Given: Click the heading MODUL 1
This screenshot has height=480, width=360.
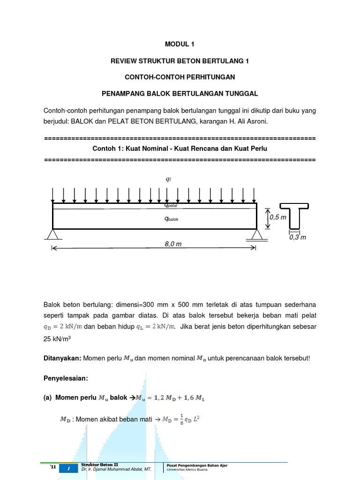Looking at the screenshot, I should click(180, 45).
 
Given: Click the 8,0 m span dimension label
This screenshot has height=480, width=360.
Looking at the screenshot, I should click(173, 244).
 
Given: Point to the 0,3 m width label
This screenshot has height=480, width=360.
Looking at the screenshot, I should click(297, 237).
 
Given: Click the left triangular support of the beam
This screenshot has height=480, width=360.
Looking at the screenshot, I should click(52, 234).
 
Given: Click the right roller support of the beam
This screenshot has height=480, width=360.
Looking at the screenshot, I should click(256, 235).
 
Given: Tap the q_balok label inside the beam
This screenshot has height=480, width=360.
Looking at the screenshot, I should click(171, 218).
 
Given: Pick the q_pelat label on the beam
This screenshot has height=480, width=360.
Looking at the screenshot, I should click(171, 205).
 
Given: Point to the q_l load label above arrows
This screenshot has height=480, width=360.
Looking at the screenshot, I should click(169, 179).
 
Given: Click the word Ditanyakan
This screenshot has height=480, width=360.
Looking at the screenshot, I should click(62, 358).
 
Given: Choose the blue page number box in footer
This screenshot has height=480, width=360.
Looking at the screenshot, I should click(68, 469).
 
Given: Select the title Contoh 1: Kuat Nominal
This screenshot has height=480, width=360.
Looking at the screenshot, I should click(180, 148).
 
